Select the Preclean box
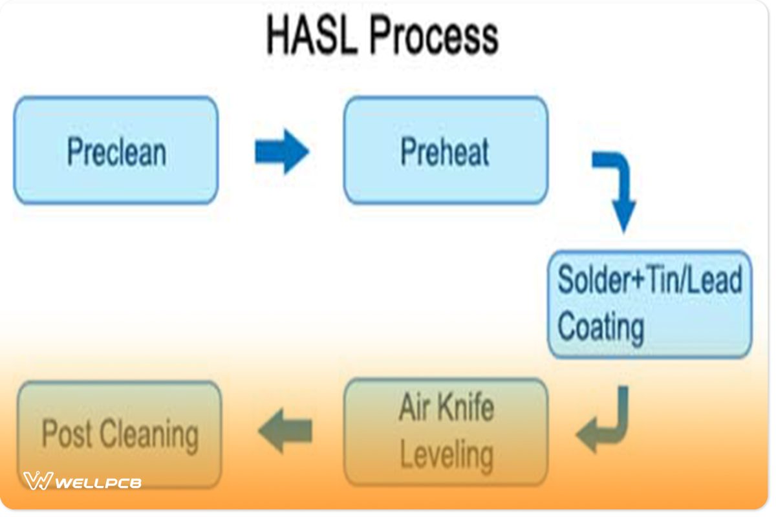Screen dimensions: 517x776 (x=116, y=151)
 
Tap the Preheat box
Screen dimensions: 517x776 (x=446, y=151)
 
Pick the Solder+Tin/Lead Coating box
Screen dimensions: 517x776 (x=649, y=304)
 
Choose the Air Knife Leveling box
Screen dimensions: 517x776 (x=446, y=432)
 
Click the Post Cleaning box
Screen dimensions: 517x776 (x=120, y=434)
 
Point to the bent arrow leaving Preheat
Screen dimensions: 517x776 (x=618, y=187)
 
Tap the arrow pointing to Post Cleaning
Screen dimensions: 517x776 (x=285, y=431)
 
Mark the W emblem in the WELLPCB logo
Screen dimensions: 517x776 (x=38, y=481)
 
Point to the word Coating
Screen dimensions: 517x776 (x=600, y=327)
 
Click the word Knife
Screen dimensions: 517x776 (x=465, y=408)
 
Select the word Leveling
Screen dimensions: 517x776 (x=446, y=456)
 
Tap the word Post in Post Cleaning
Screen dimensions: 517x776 (x=66, y=434)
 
